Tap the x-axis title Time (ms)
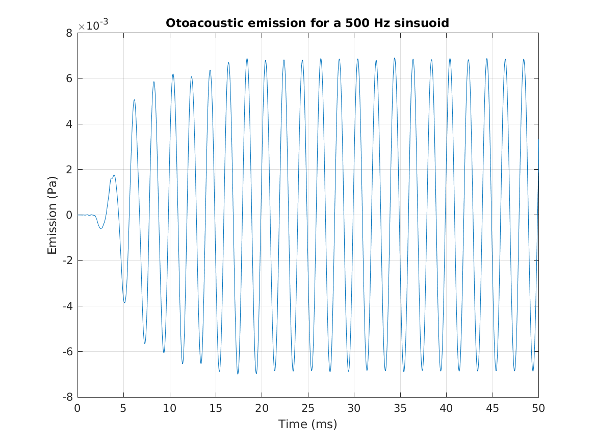point(307,424)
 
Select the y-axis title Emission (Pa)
point(52,216)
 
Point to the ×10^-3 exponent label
point(93,27)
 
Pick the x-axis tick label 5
point(123,408)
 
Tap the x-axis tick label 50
point(538,408)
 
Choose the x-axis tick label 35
point(400,408)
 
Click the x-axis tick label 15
point(216,408)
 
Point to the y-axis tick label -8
point(67,397)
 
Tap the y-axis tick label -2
point(67,261)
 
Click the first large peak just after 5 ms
point(134,100)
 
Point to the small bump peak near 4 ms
point(114,175)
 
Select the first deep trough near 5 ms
point(124,303)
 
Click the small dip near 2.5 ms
point(101,228)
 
